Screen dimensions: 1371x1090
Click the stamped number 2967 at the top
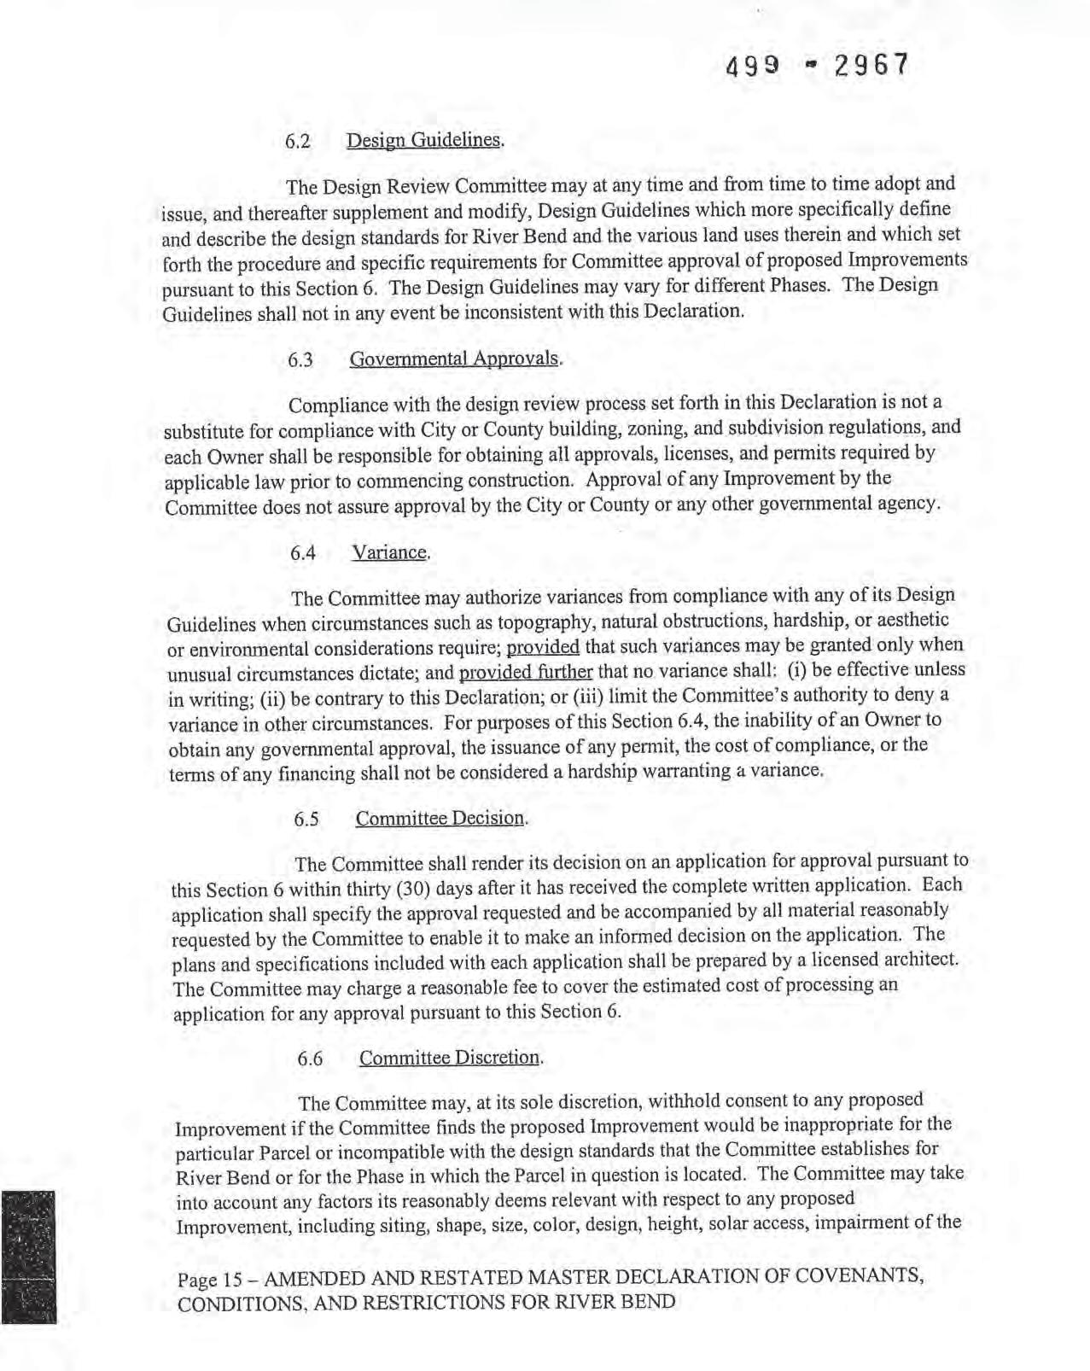[x=870, y=66]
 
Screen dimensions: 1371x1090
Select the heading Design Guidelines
[x=424, y=139]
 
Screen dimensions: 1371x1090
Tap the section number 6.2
[x=297, y=142]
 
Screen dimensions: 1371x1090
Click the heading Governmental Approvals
[x=455, y=359]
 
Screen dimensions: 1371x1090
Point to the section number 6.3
[x=300, y=360]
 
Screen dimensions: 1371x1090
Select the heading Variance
[x=390, y=552]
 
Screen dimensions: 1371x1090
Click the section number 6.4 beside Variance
[x=303, y=554]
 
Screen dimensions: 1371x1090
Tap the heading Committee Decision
[x=440, y=818]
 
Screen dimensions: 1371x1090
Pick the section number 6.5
[x=306, y=820]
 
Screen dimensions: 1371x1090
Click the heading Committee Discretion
[x=450, y=1058]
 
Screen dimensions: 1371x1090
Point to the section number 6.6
[x=310, y=1059]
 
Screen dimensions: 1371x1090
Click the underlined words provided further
[x=526, y=672]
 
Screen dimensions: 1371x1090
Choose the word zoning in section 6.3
[x=627, y=429]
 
